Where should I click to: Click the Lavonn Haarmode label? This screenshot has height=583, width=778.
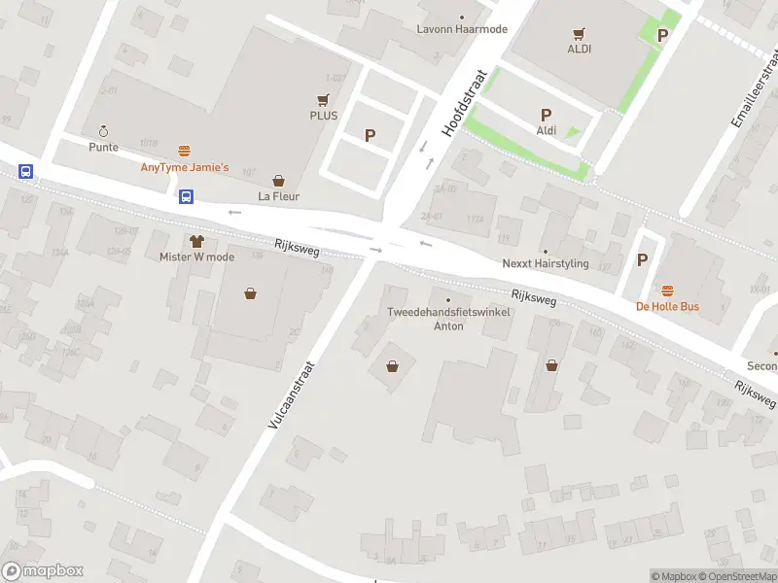(462, 29)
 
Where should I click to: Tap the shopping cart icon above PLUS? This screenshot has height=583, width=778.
(324, 99)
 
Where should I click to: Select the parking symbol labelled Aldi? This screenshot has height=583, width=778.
(547, 115)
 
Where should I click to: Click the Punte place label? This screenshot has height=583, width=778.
(103, 148)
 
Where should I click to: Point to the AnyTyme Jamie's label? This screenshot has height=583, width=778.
(185, 168)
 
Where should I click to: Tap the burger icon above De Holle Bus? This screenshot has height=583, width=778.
(668, 291)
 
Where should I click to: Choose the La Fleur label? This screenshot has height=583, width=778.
(279, 196)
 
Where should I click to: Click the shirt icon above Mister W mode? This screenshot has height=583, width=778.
(197, 240)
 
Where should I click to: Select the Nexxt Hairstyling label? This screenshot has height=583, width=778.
(545, 263)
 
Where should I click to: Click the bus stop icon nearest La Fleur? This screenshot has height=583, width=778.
(186, 195)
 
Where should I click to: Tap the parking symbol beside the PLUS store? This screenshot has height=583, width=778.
(370, 135)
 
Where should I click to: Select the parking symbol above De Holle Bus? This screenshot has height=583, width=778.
(642, 259)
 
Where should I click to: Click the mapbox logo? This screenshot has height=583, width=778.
(43, 571)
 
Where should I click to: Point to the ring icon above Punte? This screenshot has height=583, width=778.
(103, 131)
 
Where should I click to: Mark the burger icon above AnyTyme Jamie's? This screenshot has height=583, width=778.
(185, 151)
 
